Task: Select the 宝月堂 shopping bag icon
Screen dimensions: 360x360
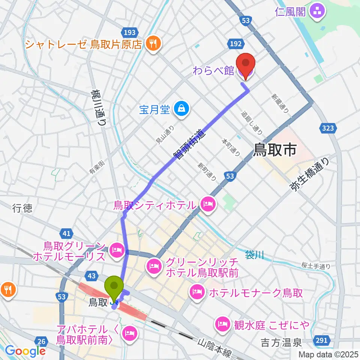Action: [x=181, y=109]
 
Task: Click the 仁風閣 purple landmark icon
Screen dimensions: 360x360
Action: [x=318, y=12]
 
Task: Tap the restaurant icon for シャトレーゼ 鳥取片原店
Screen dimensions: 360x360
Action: [x=153, y=44]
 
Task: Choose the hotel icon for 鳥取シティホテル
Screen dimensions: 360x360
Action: [x=207, y=205]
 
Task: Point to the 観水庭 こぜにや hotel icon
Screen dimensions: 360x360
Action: [x=223, y=323]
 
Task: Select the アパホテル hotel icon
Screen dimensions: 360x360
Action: [x=130, y=331]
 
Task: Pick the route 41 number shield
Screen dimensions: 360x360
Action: [x=67, y=234]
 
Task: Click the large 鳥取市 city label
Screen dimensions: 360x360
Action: [x=275, y=150]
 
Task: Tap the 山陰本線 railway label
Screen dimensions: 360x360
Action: [x=216, y=349]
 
